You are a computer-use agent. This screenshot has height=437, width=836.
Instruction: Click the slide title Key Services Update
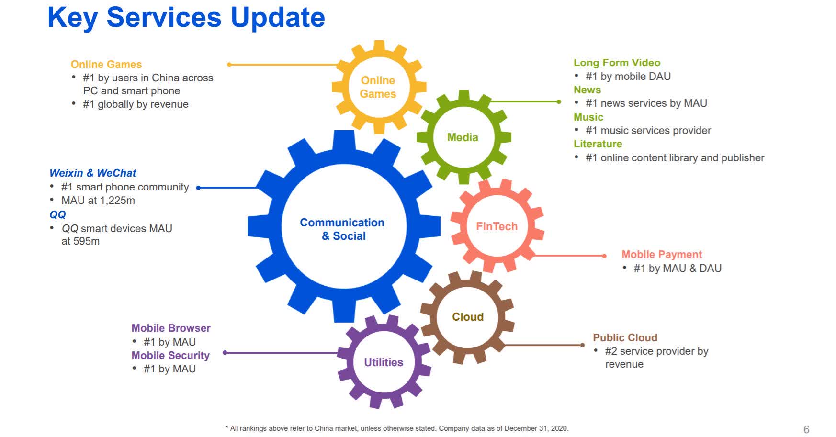(186, 18)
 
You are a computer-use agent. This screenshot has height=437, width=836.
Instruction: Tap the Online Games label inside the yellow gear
(378, 87)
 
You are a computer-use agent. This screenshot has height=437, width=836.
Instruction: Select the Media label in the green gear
(463, 137)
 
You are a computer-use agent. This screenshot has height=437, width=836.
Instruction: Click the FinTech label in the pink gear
(497, 226)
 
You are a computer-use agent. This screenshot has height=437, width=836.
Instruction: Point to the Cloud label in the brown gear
(468, 317)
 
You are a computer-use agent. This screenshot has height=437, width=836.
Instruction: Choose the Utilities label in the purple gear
(384, 362)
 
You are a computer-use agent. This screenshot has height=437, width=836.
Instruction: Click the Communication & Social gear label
(342, 229)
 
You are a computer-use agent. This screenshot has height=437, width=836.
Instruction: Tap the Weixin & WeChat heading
(93, 173)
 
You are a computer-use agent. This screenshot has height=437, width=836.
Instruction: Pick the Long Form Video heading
(617, 63)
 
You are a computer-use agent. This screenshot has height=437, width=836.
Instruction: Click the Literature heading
(598, 144)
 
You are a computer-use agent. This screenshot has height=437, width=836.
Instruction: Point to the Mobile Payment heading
(661, 255)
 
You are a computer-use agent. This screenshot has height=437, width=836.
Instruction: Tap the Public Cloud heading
(625, 337)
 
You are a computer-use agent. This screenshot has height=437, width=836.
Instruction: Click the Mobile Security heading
(170, 355)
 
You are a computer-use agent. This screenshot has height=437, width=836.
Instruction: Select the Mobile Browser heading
(171, 328)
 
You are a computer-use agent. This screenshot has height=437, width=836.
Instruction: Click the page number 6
(806, 429)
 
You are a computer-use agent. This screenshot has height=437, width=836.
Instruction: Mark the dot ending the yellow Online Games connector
(229, 64)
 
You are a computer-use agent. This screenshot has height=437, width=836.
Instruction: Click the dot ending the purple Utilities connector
(225, 353)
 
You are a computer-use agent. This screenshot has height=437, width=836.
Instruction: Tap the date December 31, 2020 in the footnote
(536, 428)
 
